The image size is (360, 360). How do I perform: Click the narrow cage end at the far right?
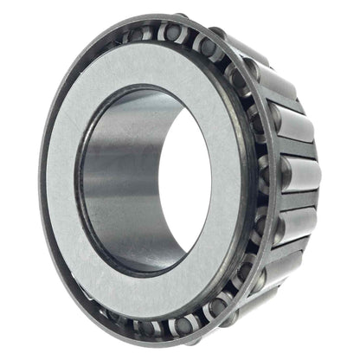pyautogui.click(x=318, y=182)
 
